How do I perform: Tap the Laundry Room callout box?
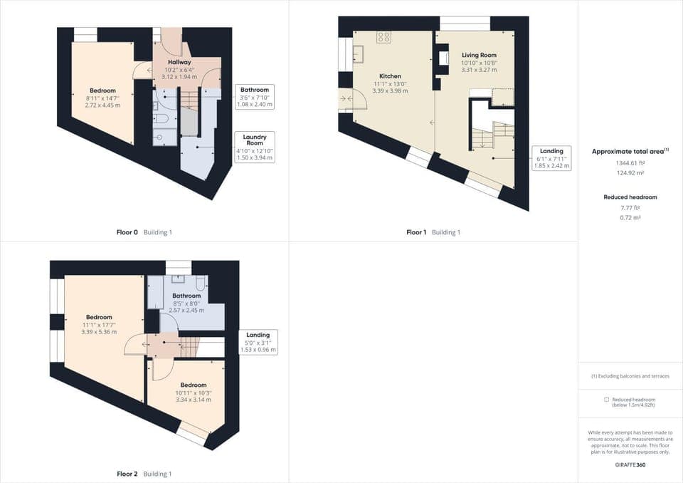pos(254,147)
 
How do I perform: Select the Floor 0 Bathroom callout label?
pos(254,97)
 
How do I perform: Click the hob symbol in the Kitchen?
pos(383,36)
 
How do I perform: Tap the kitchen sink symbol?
pos(358,54)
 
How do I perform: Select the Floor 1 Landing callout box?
pos(551,157)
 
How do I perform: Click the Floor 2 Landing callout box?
pos(258,342)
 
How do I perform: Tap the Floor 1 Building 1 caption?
pos(433,232)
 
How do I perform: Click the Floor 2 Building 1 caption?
pos(144,474)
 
